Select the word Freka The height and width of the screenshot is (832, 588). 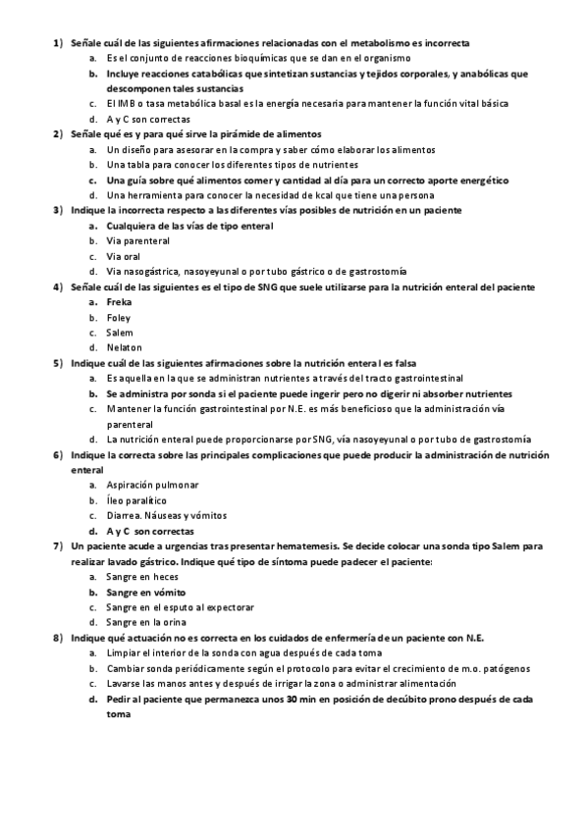tap(120, 302)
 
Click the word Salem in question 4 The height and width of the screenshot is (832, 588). tap(120, 333)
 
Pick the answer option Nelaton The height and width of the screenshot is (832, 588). tap(124, 347)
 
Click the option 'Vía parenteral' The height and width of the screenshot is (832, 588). tap(138, 240)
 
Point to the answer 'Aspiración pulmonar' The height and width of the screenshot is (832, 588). tap(152, 485)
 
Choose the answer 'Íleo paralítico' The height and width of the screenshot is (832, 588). tap(138, 500)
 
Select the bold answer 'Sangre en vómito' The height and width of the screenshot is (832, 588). tap(146, 593)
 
